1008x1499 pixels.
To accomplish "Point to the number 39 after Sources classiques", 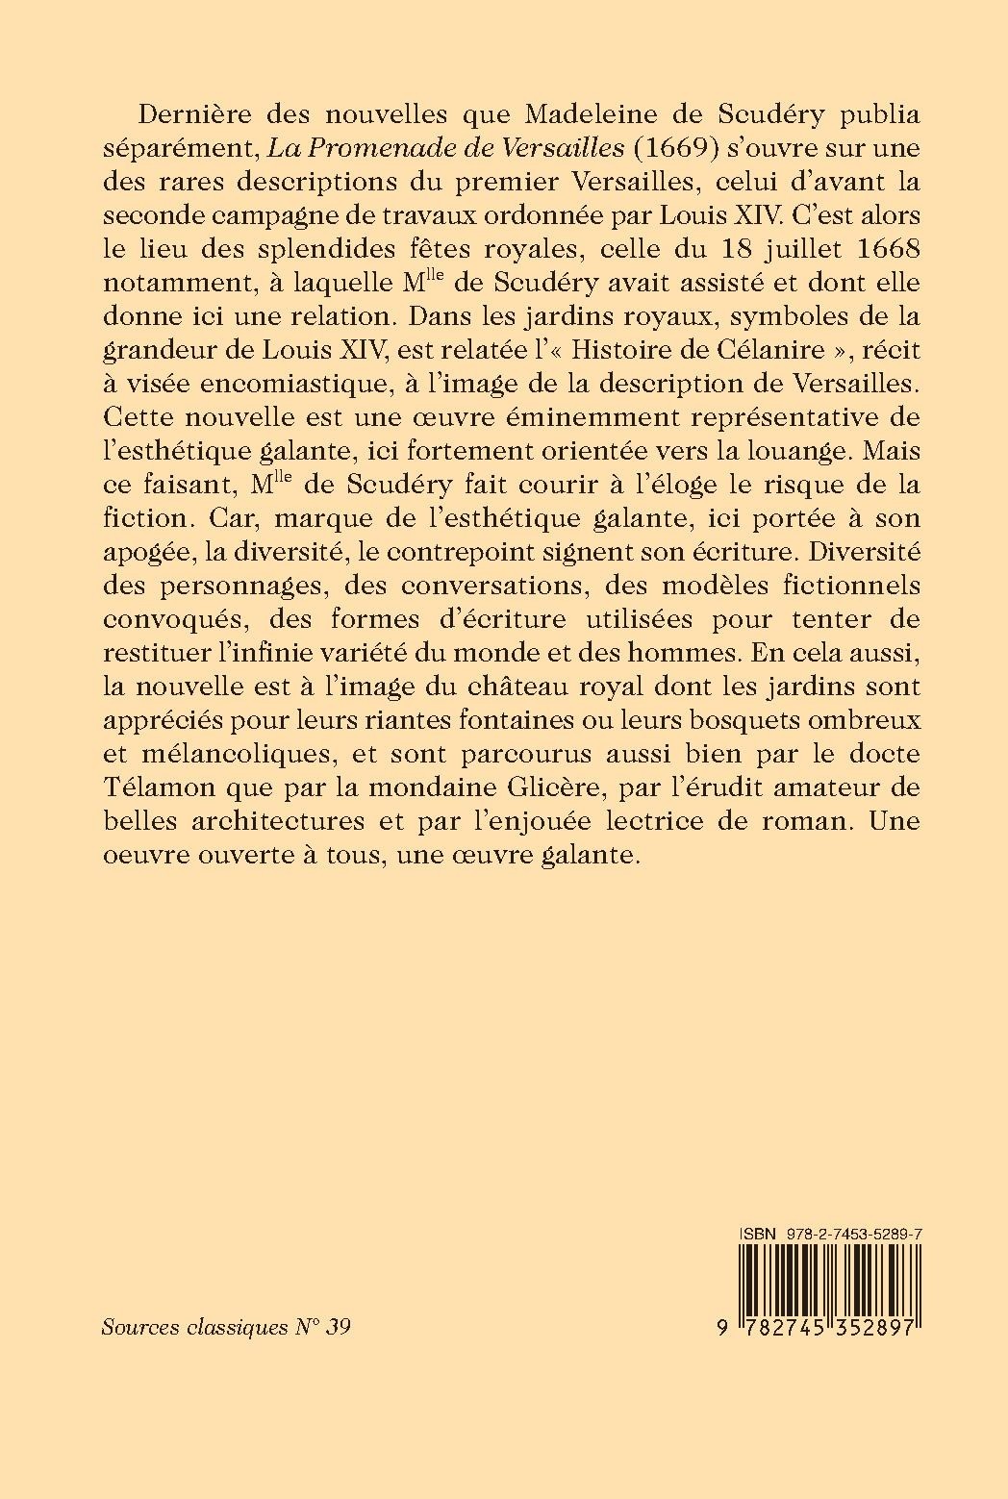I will click(338, 1328).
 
